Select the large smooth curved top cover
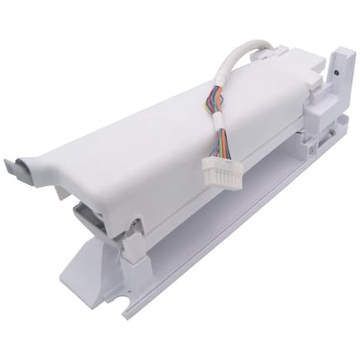(x=163, y=134)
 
